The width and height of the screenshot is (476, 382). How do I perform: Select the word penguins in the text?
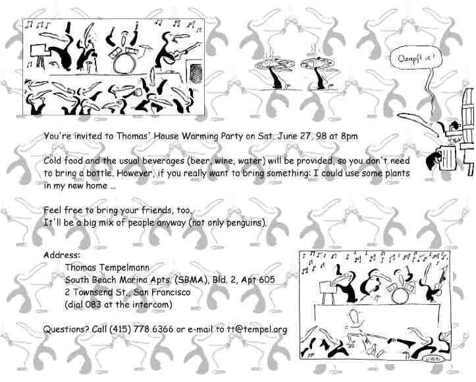point(243,223)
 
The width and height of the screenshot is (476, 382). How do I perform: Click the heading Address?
point(62,255)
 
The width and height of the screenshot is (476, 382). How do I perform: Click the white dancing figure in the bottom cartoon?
point(356,325)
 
